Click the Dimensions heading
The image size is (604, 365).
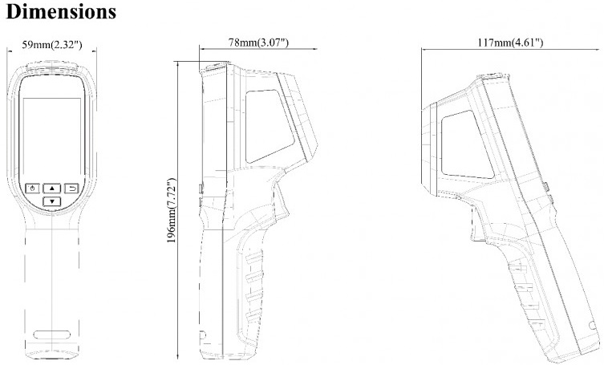coord(61,11)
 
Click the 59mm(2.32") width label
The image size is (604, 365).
coord(51,45)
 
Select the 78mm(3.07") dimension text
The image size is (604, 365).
coord(258,42)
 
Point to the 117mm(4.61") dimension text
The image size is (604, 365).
coord(510,42)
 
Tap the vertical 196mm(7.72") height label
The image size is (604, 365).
coord(172,210)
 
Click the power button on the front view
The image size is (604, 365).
coord(33,189)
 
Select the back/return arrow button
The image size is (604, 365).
coord(71,189)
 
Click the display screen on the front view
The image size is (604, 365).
coord(52,138)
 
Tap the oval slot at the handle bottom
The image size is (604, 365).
coord(52,335)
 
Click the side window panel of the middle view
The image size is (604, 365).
coord(268,125)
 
